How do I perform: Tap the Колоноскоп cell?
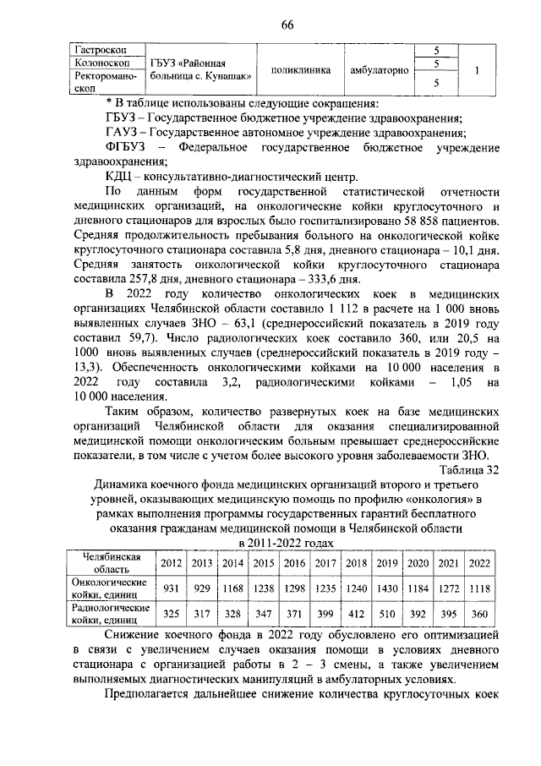92,63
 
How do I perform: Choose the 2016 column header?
294,563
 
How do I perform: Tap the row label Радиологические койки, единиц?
110,613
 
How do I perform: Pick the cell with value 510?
387,613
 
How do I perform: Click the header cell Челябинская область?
110,563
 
